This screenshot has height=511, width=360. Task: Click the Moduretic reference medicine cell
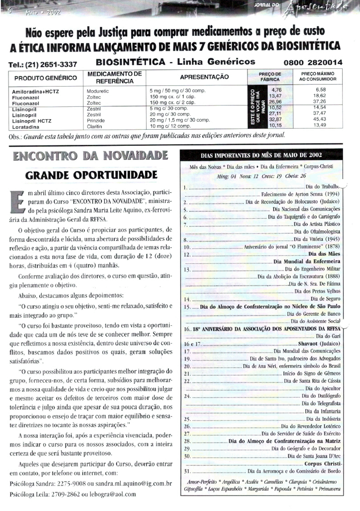pos(97,91)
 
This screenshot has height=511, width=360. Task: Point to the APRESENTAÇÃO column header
pos(204,77)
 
